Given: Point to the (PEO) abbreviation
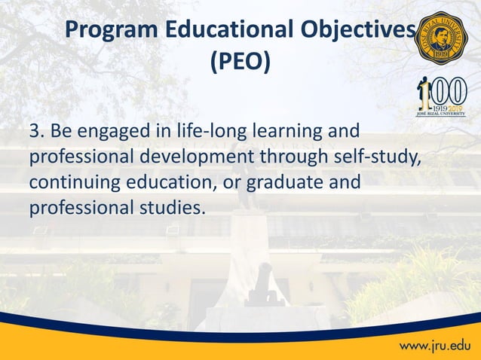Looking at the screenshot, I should (x=240, y=64).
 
